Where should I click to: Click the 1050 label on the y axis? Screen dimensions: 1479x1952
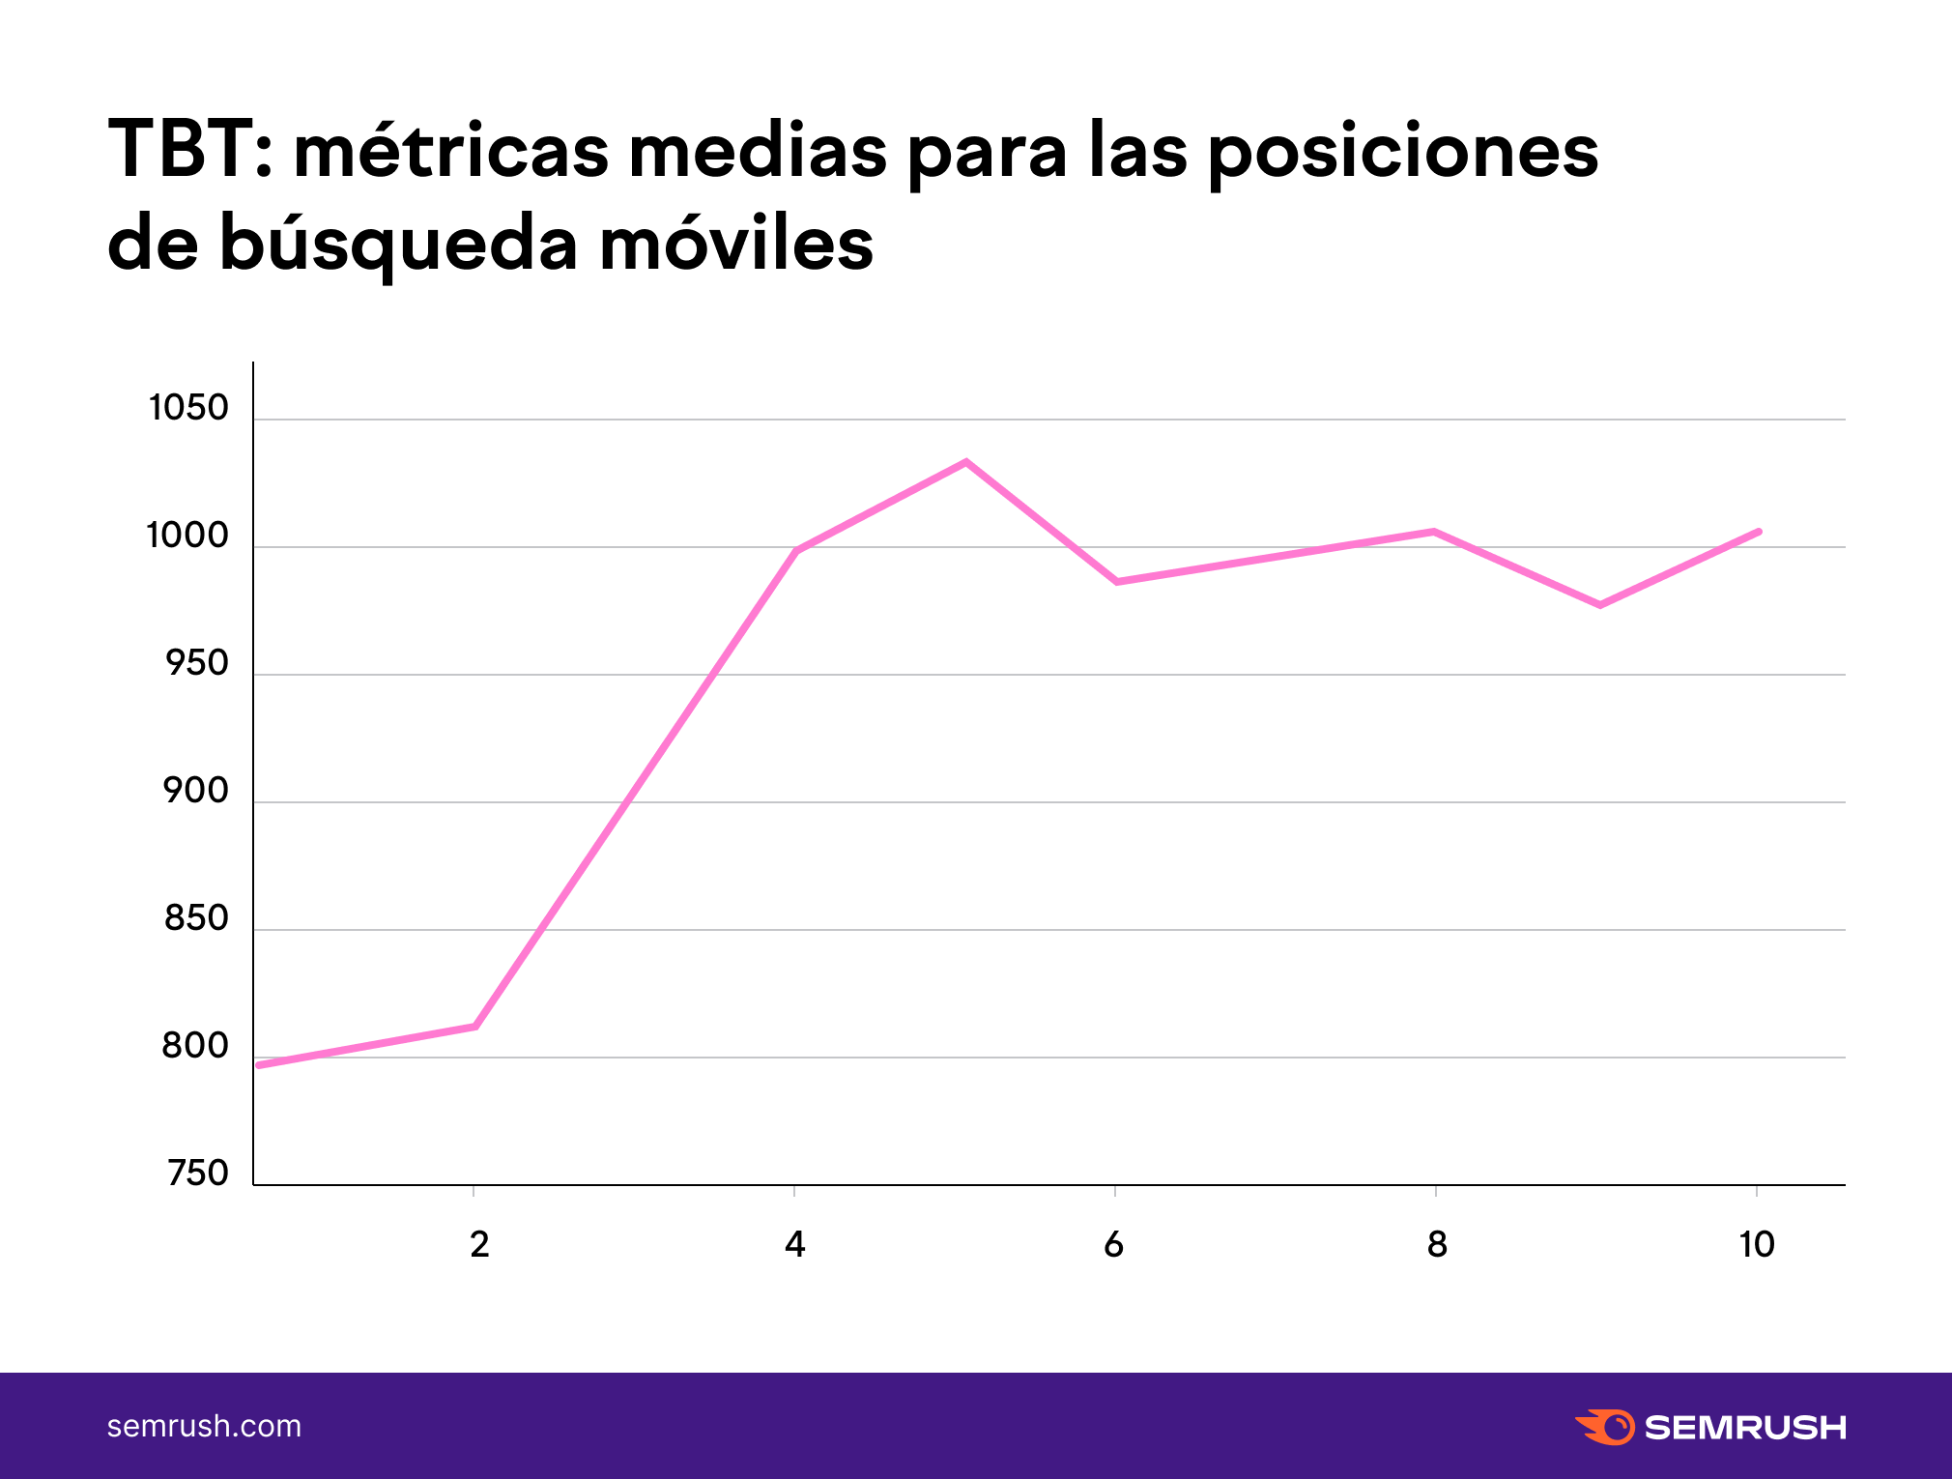[188, 408]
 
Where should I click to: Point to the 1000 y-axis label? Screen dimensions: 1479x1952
[187, 536]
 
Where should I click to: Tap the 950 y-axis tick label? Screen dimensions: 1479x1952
[196, 663]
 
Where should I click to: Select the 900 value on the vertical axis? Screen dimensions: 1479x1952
[195, 791]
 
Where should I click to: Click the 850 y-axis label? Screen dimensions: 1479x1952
[196, 918]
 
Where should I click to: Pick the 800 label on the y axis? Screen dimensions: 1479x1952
[195, 1046]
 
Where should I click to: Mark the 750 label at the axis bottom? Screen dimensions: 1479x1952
[197, 1174]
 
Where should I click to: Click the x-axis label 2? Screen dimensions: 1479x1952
[479, 1244]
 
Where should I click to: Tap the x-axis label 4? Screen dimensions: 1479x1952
[794, 1244]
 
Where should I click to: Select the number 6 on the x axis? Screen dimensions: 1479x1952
[1113, 1244]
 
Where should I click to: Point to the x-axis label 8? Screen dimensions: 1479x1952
[1437, 1244]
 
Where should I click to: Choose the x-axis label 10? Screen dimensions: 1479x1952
[1756, 1244]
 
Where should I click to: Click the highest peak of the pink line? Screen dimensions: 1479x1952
[965, 462]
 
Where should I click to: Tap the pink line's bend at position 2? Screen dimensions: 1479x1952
[474, 1026]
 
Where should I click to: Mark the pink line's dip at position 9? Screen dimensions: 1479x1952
[1600, 605]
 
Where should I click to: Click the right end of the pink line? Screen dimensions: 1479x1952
[1759, 532]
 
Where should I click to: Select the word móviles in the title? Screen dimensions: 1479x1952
[736, 243]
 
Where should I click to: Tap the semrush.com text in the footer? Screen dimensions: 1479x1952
[204, 1426]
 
